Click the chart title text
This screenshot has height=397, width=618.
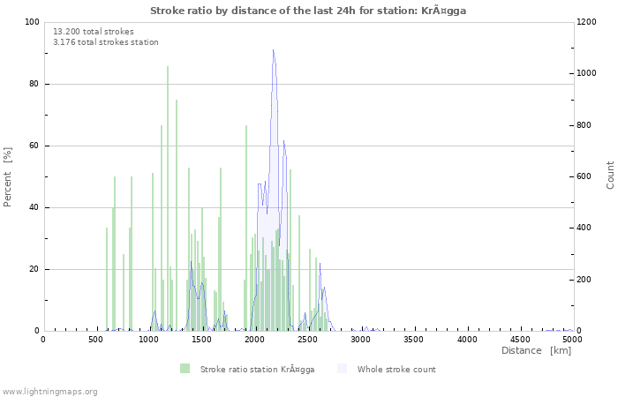(x=308, y=11)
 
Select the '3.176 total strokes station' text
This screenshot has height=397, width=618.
(x=106, y=41)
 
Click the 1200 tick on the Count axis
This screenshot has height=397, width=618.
(x=589, y=22)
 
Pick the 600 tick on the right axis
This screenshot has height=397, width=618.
(x=586, y=176)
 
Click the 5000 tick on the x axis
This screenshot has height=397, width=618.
(x=572, y=339)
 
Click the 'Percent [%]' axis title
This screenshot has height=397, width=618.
(x=8, y=176)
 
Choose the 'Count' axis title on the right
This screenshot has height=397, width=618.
(x=610, y=175)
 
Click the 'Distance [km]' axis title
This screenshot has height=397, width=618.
(x=536, y=351)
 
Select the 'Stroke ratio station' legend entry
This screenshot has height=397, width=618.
(x=257, y=369)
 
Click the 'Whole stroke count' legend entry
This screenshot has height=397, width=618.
(x=396, y=369)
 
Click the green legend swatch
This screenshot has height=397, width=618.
(x=185, y=369)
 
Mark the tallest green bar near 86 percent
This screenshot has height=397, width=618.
(x=168, y=67)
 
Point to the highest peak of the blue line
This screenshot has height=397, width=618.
(x=274, y=49)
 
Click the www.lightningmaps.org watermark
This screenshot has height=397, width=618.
(x=50, y=391)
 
